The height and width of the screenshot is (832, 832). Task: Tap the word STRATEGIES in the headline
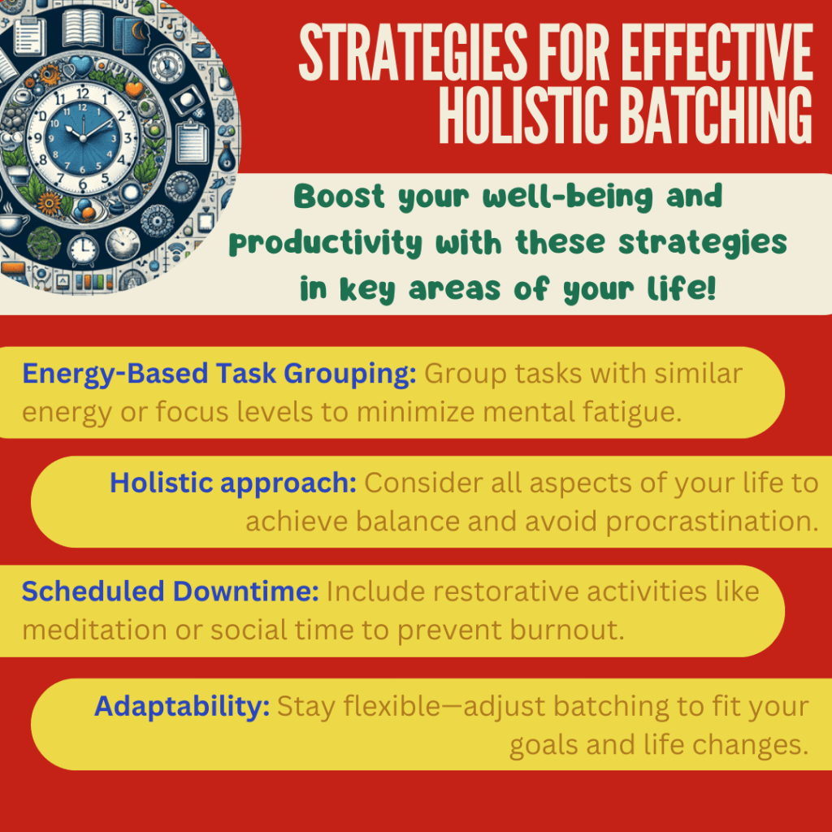[x=414, y=52]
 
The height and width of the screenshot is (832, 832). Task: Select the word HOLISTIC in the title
[x=523, y=115]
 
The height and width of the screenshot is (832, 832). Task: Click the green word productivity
[x=325, y=243]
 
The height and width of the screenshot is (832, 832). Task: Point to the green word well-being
[x=567, y=197]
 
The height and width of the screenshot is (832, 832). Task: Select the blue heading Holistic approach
[x=233, y=483]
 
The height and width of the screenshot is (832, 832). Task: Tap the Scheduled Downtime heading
[x=171, y=591]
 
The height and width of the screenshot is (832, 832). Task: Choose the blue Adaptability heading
[x=182, y=707]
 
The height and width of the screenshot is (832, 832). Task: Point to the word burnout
[x=567, y=630]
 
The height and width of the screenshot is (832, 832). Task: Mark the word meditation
[x=94, y=630]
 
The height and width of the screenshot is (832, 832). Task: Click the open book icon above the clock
[x=83, y=27]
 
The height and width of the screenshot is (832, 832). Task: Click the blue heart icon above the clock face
[x=82, y=66]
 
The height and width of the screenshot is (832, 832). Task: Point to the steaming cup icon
[x=11, y=223]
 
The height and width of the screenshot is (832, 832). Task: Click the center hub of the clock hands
[x=83, y=138]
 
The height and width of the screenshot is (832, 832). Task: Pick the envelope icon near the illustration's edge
[x=201, y=50]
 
